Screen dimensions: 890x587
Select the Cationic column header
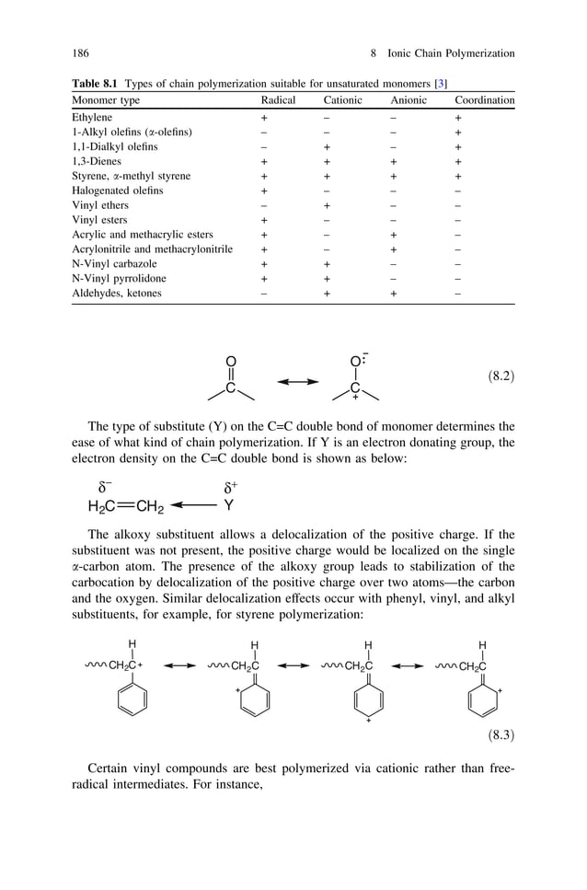click(x=342, y=100)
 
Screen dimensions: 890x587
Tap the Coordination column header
click(x=484, y=100)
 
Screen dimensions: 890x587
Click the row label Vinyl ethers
click(x=100, y=205)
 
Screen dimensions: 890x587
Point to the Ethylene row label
click(x=92, y=118)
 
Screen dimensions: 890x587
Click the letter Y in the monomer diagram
click(x=228, y=504)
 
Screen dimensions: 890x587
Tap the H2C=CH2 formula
click(x=125, y=505)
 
